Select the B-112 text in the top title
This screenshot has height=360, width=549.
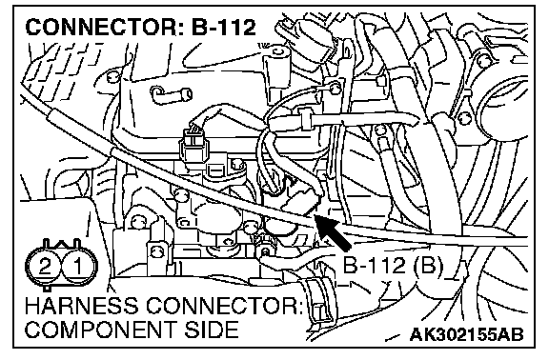click(223, 28)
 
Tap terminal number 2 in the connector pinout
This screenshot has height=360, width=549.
click(45, 267)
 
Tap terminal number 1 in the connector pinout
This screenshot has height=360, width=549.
click(77, 266)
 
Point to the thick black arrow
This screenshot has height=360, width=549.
click(333, 232)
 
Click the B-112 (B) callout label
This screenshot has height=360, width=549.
click(393, 266)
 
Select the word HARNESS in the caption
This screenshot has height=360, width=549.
click(81, 306)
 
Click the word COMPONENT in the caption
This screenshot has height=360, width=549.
click(101, 330)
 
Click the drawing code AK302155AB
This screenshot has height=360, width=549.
click(466, 334)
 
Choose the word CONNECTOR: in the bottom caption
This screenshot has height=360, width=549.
click(224, 306)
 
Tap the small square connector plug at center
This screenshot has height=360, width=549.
click(192, 146)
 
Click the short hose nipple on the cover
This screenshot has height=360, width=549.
click(172, 94)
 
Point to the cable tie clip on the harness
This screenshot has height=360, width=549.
click(305, 119)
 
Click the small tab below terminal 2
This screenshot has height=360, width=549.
click(47, 289)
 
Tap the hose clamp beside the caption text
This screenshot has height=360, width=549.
click(318, 300)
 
